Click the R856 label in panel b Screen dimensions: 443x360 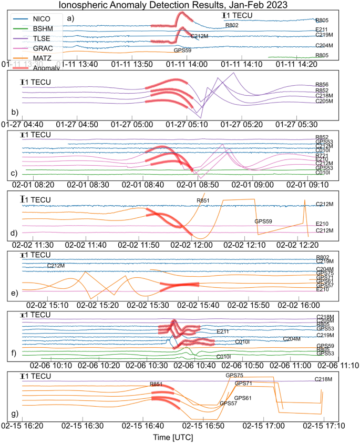(x=322, y=84)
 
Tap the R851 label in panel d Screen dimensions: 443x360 (x=203, y=200)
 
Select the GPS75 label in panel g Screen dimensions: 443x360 (x=234, y=375)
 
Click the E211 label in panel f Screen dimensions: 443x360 (x=223, y=331)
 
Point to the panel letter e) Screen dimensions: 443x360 (x=14, y=291)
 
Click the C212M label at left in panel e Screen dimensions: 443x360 (x=56, y=265)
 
